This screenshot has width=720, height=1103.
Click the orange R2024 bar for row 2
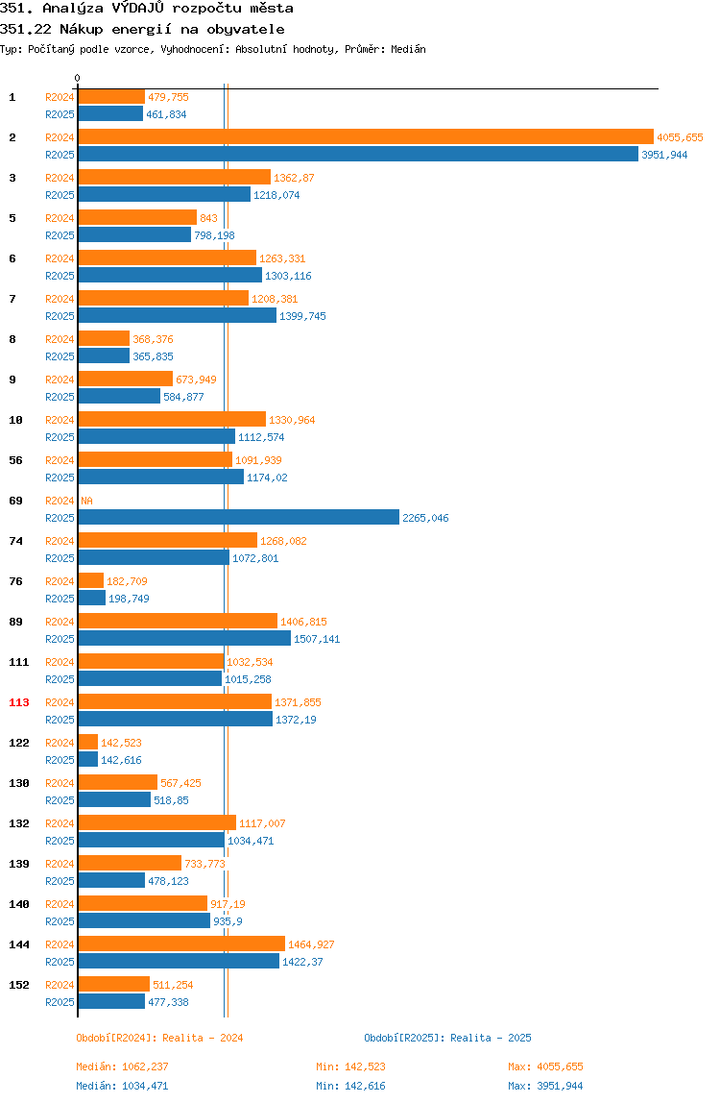tap(366, 137)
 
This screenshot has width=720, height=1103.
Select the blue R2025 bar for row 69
tap(238, 518)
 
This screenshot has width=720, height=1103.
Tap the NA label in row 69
tap(86, 501)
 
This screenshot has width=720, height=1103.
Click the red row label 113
tap(19, 702)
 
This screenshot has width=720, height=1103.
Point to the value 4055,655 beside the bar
tap(680, 138)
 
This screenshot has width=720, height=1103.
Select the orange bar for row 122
tap(88, 742)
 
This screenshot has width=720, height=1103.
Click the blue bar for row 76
tap(91, 599)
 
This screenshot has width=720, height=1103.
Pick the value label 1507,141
tap(317, 640)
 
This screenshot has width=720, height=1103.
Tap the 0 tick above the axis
tap(78, 78)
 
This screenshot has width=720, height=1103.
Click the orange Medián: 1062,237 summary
tap(122, 1067)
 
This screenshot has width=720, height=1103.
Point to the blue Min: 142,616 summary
tap(350, 1086)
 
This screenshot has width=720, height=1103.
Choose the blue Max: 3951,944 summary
tap(545, 1086)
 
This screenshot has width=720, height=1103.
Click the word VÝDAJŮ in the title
tap(138, 9)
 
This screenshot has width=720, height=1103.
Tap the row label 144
tap(19, 944)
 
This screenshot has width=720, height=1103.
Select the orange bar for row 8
tap(104, 339)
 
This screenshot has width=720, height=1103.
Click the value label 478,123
tap(168, 881)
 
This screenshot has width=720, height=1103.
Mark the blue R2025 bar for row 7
tap(178, 316)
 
